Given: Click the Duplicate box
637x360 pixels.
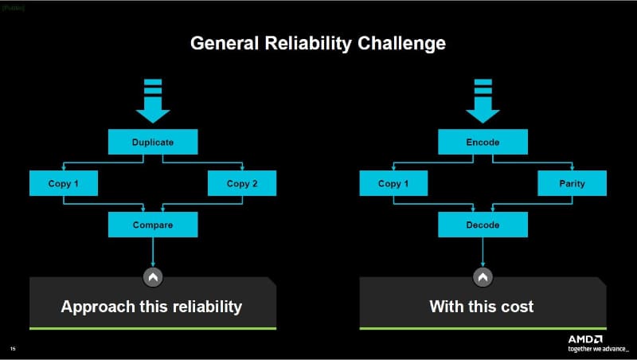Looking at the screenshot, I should pyautogui.click(x=152, y=143).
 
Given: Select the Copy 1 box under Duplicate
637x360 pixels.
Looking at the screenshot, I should pyautogui.click(x=64, y=184).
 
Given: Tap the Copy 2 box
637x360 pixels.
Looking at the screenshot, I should pyautogui.click(x=242, y=184).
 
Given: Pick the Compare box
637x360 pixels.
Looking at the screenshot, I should pyautogui.click(x=152, y=225).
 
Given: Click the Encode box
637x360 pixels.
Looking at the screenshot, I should pyautogui.click(x=483, y=143).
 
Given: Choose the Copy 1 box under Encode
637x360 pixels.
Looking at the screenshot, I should pyautogui.click(x=394, y=184).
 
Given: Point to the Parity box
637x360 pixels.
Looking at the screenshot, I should pyautogui.click(x=572, y=184).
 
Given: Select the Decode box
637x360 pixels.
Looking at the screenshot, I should pyautogui.click(x=483, y=225).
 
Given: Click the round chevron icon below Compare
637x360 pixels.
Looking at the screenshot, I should pyautogui.click(x=152, y=276).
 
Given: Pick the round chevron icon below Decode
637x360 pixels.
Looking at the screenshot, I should pyautogui.click(x=483, y=276).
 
